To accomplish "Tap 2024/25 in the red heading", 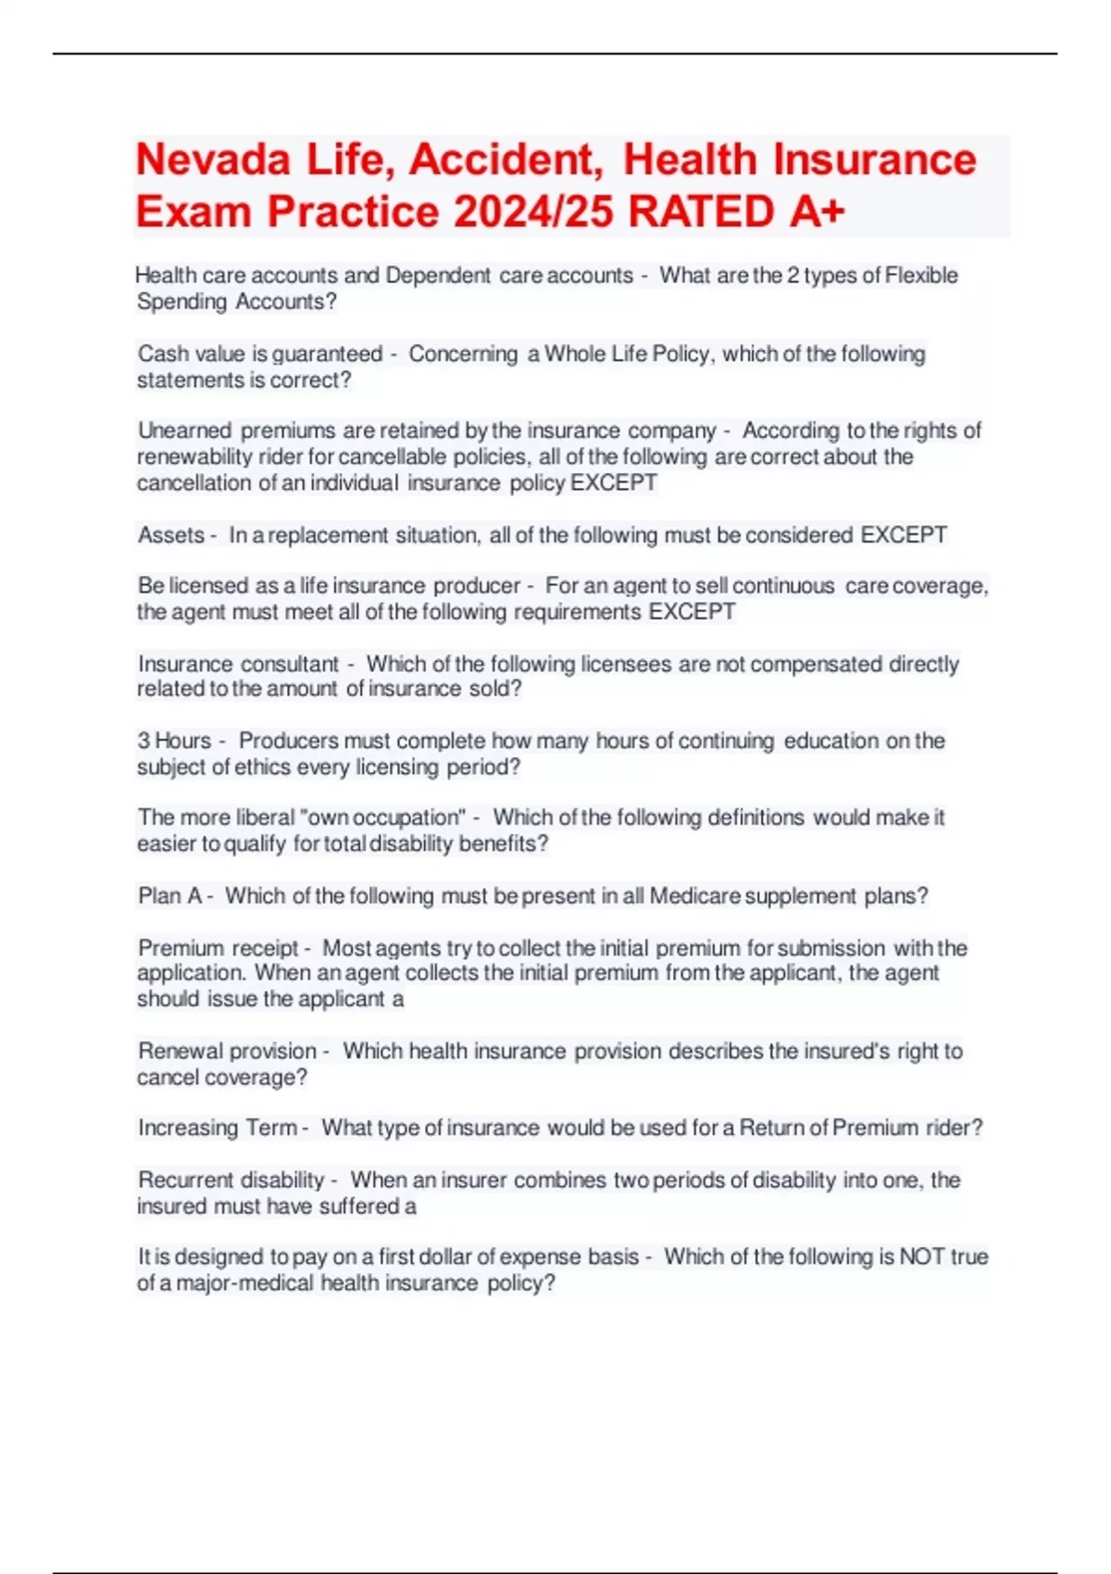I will click(x=532, y=212).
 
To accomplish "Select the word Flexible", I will click(x=921, y=276).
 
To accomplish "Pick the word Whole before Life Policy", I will click(x=574, y=354).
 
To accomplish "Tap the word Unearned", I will click(x=184, y=431).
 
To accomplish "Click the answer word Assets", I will click(x=170, y=535).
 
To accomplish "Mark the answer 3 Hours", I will click(x=174, y=741).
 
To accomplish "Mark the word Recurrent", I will click(x=182, y=1180).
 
